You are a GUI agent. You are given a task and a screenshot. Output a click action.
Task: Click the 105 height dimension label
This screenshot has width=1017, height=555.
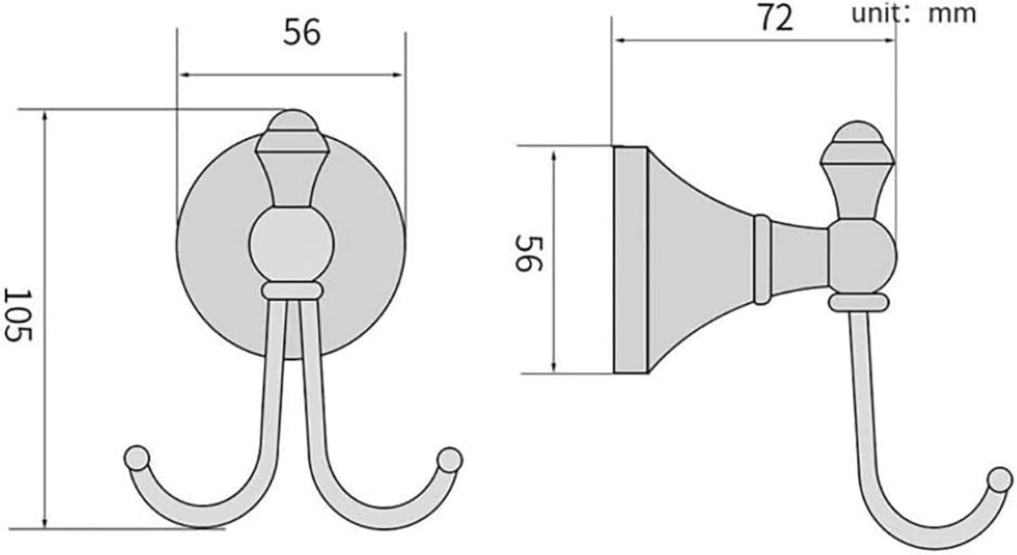tap(19, 315)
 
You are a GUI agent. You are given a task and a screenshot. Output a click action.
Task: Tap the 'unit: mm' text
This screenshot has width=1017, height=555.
tap(913, 13)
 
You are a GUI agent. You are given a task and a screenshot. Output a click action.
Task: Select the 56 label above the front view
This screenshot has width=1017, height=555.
tap(302, 32)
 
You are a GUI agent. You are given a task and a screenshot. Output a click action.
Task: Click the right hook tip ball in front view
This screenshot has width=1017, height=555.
tap(448, 459)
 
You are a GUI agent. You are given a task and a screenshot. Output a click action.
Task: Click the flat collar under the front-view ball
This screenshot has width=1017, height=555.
tap(291, 291)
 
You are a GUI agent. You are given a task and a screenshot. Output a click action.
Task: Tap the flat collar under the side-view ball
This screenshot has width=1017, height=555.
tap(859, 302)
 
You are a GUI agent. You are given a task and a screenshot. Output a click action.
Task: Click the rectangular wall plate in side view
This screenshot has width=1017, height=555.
tap(631, 260)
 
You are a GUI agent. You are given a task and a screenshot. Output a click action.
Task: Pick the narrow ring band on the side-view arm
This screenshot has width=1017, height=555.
tap(762, 259)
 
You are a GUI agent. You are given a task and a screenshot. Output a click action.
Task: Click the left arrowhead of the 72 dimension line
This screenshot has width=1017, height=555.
tap(618, 41)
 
